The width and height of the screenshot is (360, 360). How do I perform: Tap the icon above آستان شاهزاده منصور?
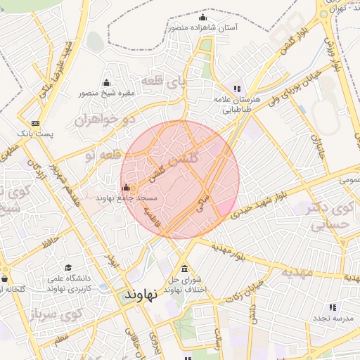click(x=203, y=18)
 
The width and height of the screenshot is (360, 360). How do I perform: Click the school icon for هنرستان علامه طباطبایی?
click(x=238, y=89)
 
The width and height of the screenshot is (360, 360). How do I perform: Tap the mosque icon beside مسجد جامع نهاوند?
click(x=126, y=188)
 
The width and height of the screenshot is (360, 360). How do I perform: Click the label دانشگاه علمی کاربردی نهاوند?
click(x=70, y=283)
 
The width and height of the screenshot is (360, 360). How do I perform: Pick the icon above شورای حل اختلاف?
click(x=184, y=270)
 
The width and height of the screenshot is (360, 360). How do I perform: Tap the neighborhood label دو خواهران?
click(x=103, y=120)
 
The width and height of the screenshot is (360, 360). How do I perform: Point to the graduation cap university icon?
click(x=69, y=267)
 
